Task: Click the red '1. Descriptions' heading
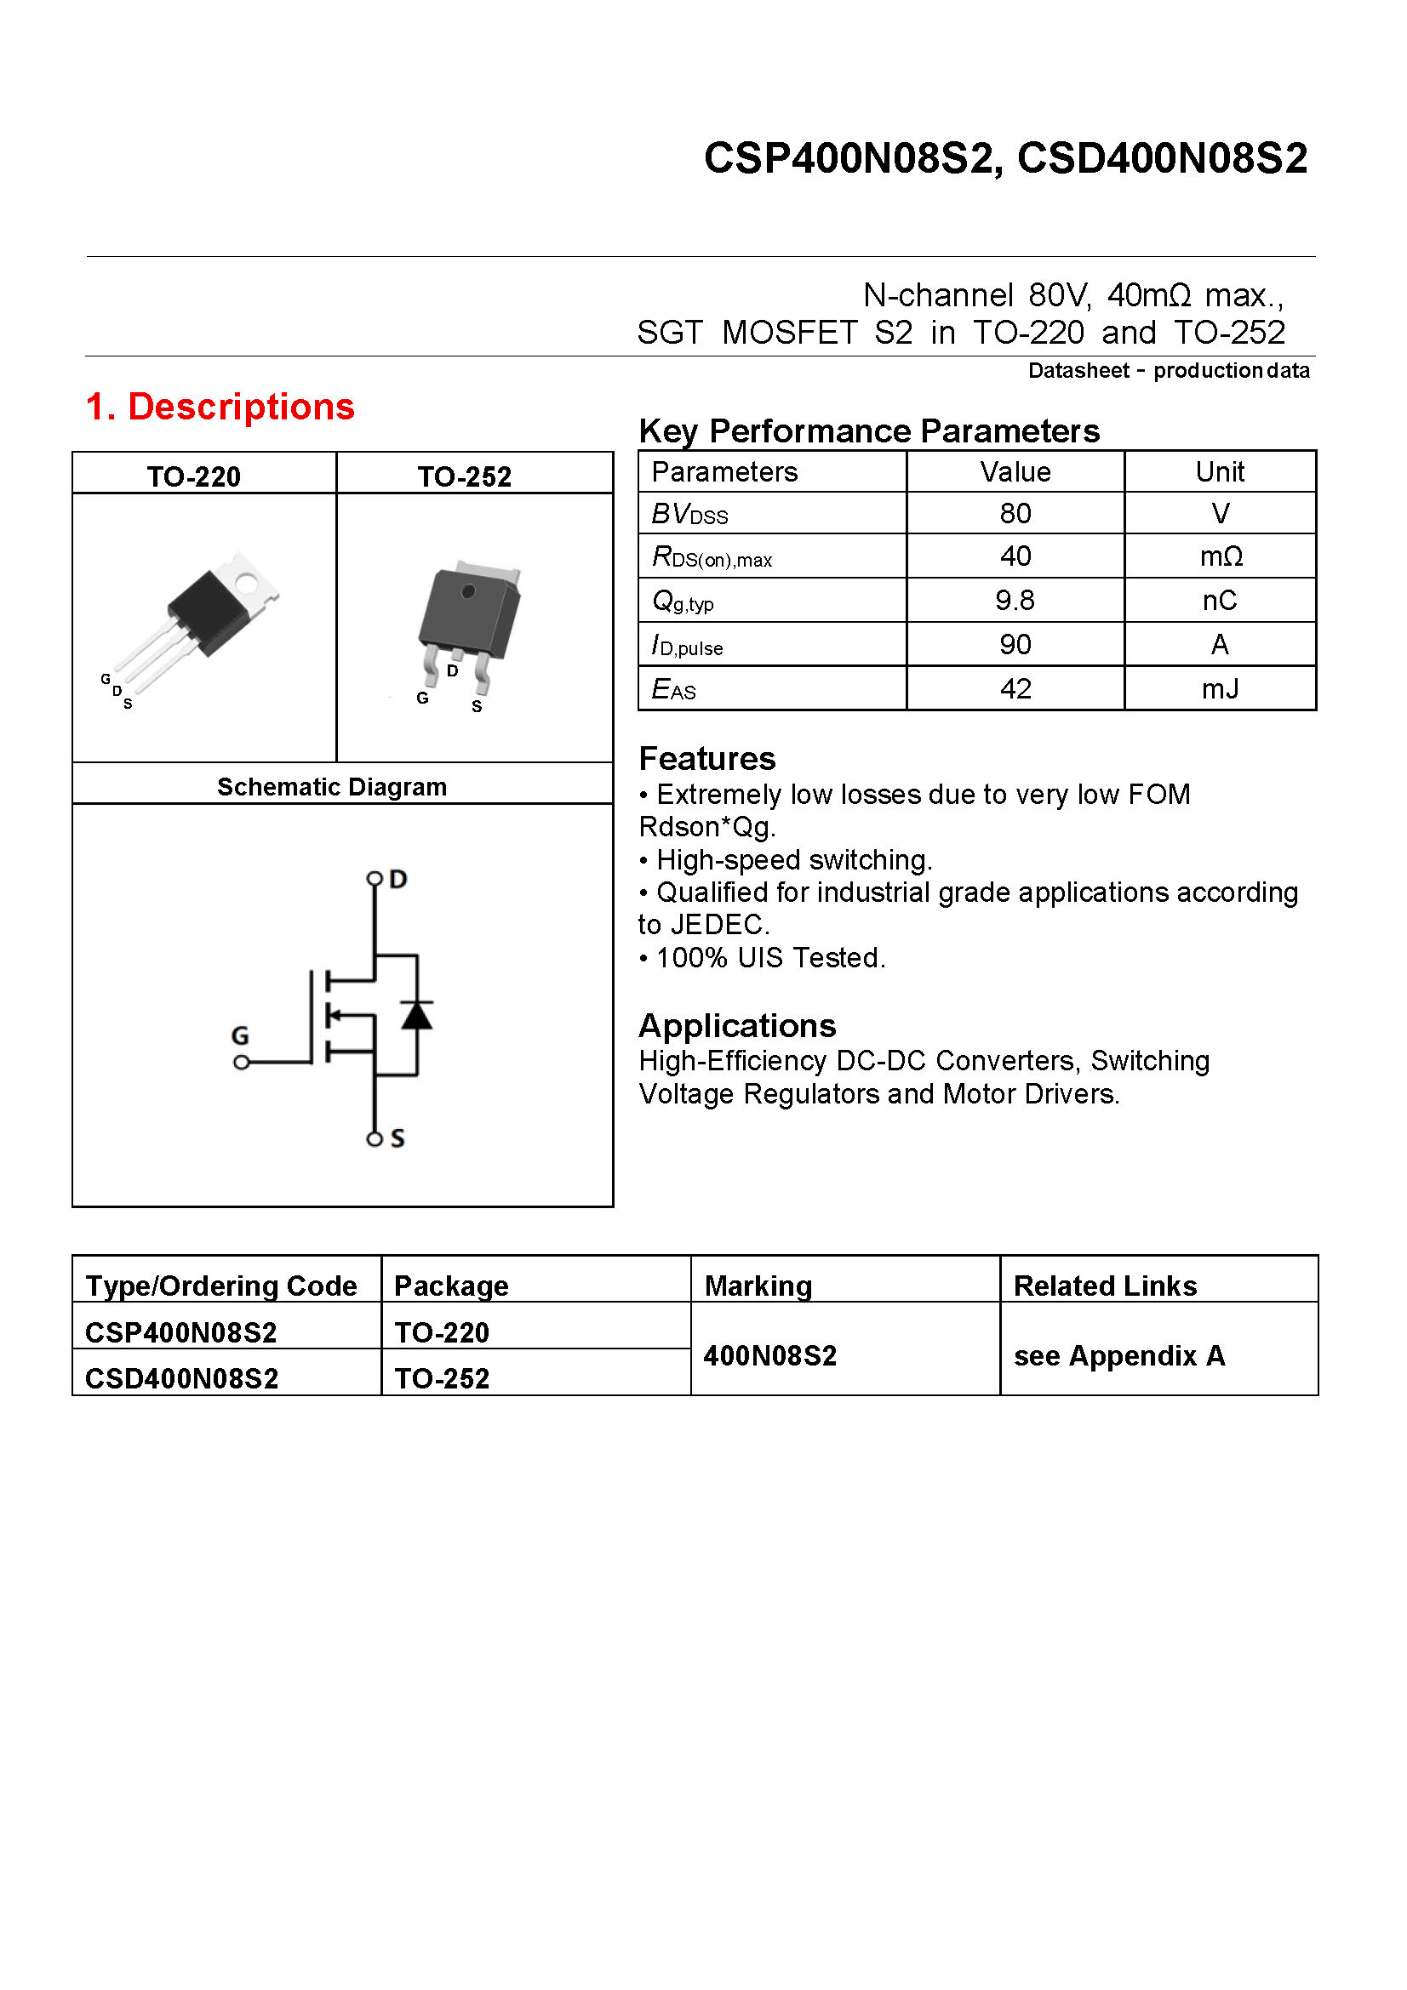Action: point(220,407)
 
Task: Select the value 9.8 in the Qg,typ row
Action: point(1015,600)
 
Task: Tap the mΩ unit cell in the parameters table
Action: point(1220,556)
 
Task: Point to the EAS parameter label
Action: point(673,689)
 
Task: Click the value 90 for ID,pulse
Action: point(1015,644)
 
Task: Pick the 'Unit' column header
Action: point(1219,471)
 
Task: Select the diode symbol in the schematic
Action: point(417,1015)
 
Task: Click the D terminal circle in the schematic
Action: point(375,879)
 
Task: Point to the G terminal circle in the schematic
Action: point(242,1062)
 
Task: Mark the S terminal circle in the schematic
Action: point(375,1139)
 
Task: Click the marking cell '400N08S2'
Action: point(769,1355)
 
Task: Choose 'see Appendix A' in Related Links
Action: point(1118,1355)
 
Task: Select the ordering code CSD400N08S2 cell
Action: point(182,1378)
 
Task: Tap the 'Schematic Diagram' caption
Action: point(332,787)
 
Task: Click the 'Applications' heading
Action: point(737,1025)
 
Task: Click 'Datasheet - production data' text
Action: point(1168,371)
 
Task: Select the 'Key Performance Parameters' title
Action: point(869,431)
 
